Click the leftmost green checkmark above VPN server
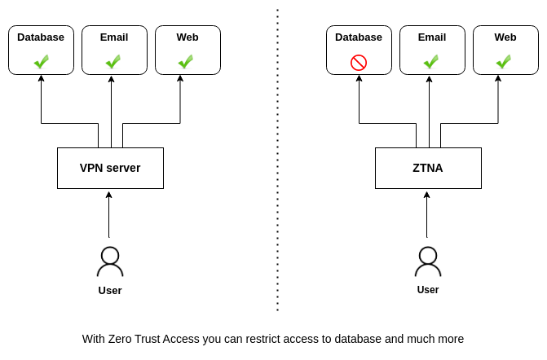tap(42, 61)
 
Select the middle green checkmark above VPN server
tap(113, 61)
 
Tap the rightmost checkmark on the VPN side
tap(186, 61)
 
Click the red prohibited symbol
tap(359, 63)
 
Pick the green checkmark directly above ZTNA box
tap(431, 61)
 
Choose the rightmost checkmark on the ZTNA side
tap(504, 61)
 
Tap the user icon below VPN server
tap(110, 261)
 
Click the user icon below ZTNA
tap(428, 261)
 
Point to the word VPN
tap(91, 168)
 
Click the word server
tap(123, 168)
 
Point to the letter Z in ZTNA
tap(417, 168)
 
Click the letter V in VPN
tap(84, 168)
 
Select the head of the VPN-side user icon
tap(110, 255)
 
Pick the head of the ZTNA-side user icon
tap(428, 255)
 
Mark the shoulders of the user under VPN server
tap(110, 271)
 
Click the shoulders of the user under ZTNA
tap(428, 271)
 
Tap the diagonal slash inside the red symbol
tap(359, 63)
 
